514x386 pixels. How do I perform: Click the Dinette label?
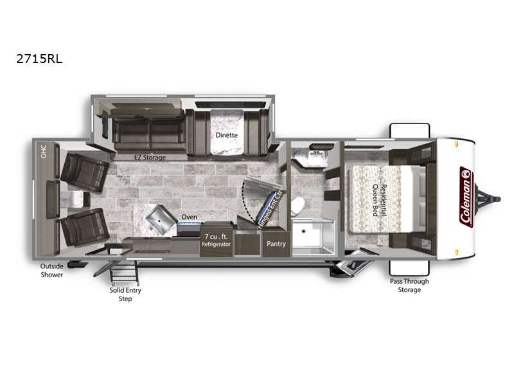coord(226,135)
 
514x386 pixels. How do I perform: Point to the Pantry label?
coord(276,244)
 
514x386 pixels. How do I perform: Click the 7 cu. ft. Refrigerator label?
coord(217,241)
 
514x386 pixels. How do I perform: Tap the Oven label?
coord(189,217)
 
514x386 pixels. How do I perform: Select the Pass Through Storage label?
coord(409,286)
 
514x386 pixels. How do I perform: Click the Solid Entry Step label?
coord(125,295)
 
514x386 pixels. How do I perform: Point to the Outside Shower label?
coord(51,270)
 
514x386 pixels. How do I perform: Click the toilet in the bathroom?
coord(297,205)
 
